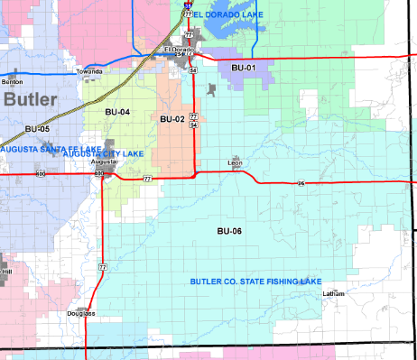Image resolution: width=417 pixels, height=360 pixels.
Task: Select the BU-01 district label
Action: coord(244,68)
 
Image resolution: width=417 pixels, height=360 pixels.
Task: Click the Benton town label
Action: coord(13,82)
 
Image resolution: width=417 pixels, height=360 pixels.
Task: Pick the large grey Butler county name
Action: coord(30,100)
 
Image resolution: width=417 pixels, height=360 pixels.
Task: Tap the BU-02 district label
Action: coord(172,119)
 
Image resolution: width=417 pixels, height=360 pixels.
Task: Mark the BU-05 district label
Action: coord(37,129)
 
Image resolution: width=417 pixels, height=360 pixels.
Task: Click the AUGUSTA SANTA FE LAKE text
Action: coord(39,147)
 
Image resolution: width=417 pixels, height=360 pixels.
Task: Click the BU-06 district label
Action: coord(230,232)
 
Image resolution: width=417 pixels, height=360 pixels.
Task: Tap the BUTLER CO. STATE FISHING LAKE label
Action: coord(255,282)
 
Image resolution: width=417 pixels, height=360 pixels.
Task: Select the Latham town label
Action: coord(334,294)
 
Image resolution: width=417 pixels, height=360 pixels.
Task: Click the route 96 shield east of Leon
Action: coord(301,184)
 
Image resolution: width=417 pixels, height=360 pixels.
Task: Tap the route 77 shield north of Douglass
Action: coord(102,267)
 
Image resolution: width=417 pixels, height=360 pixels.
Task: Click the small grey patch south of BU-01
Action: coord(211,90)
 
